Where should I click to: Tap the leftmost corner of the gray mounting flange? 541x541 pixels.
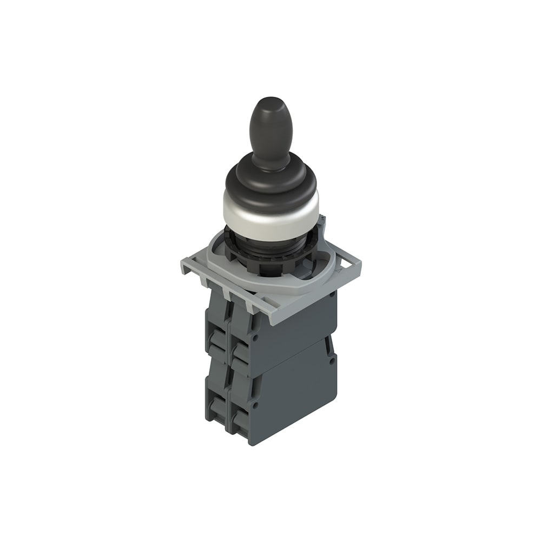pyautogui.click(x=183, y=265)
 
